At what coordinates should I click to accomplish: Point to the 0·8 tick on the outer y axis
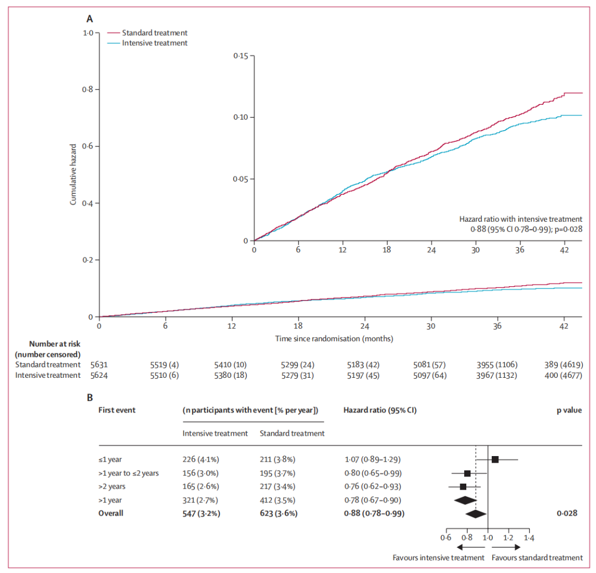(88, 89)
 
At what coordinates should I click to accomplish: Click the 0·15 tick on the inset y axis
(241, 56)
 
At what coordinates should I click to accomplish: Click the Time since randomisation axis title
(334, 338)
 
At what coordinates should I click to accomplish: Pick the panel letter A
(89, 19)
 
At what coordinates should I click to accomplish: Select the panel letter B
(89, 396)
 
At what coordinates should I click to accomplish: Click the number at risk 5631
(99, 365)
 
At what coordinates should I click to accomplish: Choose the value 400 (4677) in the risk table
(563, 376)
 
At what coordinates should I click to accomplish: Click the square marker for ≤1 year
(495, 459)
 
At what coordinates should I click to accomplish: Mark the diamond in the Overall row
(476, 513)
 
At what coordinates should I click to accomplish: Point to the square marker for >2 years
(463, 486)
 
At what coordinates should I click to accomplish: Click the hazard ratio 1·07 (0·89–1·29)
(372, 459)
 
